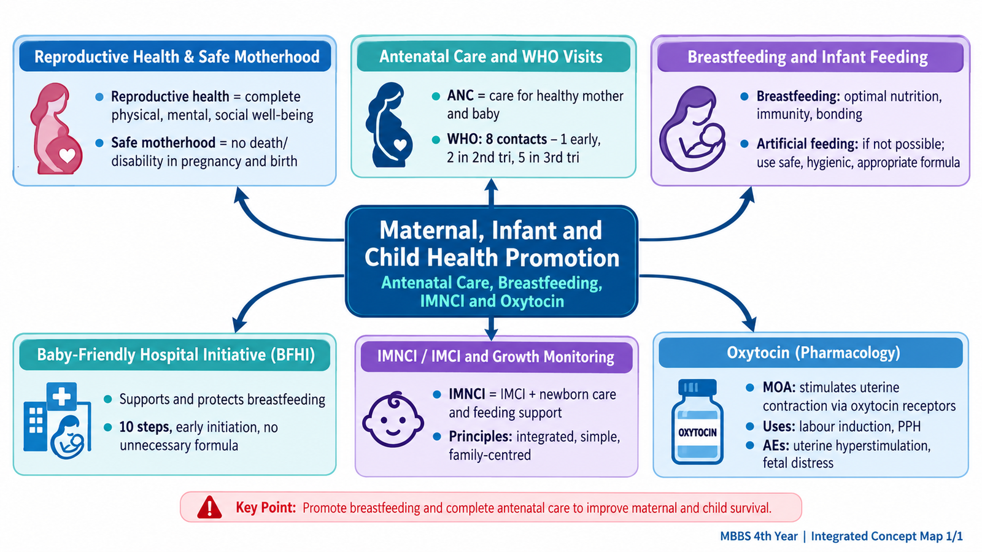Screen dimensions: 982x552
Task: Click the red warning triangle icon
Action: (209, 507)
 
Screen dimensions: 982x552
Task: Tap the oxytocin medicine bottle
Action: (697, 421)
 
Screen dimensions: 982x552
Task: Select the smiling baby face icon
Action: (393, 419)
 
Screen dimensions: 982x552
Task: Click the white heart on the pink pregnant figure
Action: (67, 155)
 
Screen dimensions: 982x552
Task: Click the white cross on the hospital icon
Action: (61, 396)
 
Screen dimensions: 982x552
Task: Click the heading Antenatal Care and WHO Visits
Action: (490, 56)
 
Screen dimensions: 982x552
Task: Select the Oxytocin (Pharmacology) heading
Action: (813, 353)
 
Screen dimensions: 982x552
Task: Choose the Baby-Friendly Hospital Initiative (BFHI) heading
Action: (176, 355)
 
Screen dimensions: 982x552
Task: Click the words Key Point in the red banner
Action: (266, 507)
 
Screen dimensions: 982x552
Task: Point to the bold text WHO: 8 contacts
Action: (497, 139)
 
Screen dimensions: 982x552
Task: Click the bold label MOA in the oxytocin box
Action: (779, 387)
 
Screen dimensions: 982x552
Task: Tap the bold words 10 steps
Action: (145, 427)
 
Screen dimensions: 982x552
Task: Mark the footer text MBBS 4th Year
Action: (759, 536)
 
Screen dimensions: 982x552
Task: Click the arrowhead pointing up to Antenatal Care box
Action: (491, 186)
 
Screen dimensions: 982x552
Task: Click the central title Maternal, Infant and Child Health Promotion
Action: (492, 243)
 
